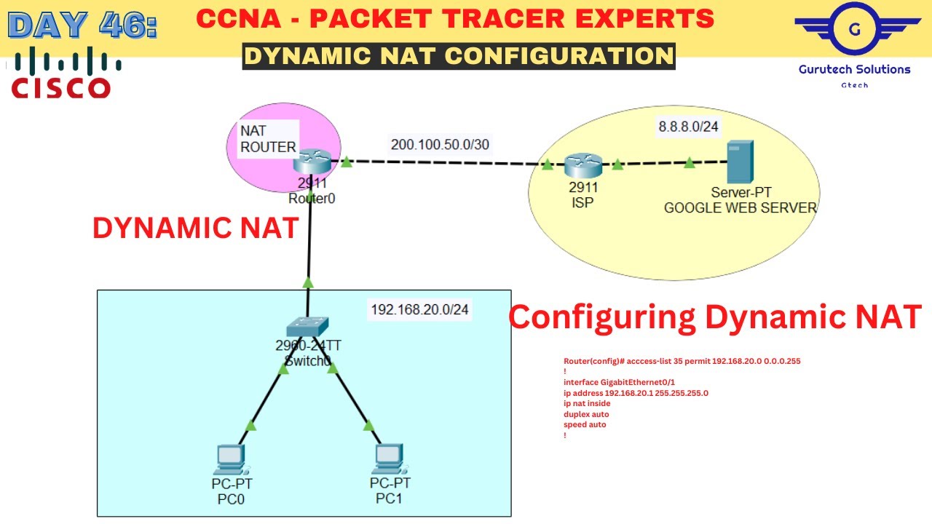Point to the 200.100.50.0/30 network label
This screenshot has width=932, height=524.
[440, 144]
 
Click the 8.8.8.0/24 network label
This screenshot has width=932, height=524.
[688, 127]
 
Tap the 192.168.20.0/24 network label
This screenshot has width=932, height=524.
[419, 309]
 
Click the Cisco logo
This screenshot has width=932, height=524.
[62, 73]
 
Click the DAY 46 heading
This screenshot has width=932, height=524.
[82, 24]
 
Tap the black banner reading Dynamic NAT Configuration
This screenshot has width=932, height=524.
[459, 55]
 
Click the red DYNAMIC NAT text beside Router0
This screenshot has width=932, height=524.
[195, 228]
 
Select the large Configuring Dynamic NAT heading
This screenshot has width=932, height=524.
[714, 317]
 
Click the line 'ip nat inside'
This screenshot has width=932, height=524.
[587, 403]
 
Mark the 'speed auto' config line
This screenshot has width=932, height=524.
[585, 424]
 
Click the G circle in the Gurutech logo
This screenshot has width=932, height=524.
[855, 30]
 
